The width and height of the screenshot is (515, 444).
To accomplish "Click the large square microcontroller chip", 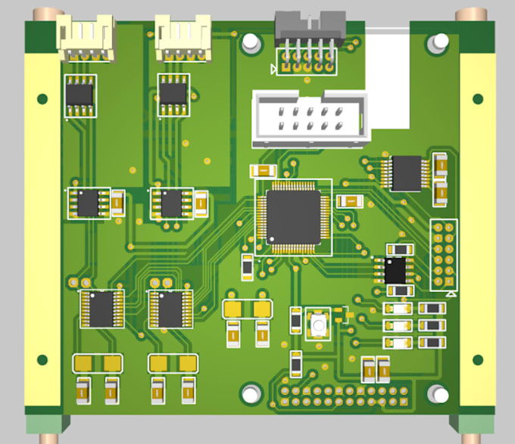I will click(x=292, y=217).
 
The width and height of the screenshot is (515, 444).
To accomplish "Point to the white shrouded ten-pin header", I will click(x=311, y=117).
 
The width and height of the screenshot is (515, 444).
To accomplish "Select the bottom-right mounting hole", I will click(x=437, y=394).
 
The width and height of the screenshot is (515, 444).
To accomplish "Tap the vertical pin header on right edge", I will click(x=444, y=256).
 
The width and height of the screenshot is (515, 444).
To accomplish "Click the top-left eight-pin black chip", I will click(x=80, y=95).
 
